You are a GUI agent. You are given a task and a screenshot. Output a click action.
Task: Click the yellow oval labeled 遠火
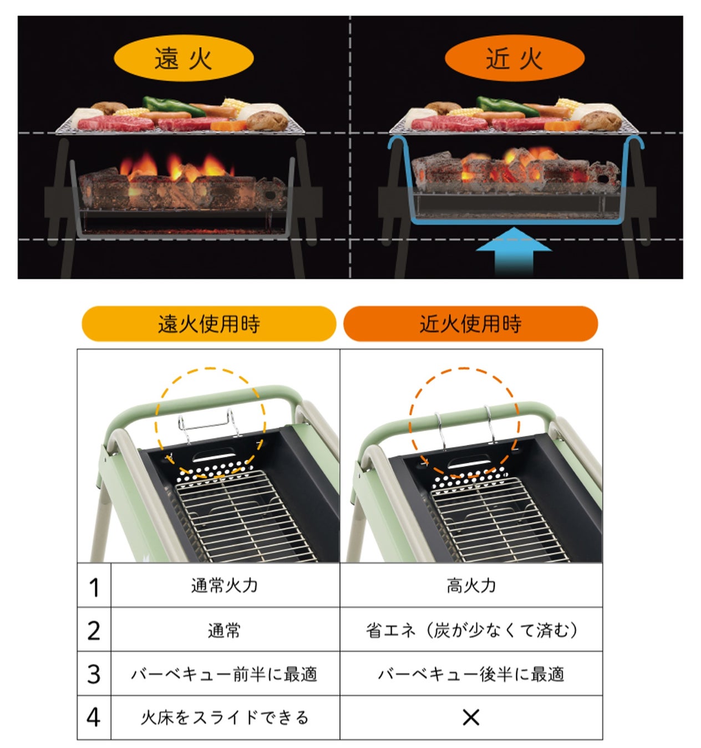coord(184,58)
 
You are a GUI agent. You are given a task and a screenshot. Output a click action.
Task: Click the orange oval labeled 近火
coord(514,58)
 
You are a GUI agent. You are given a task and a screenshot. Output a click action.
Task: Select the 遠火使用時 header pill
coord(209,324)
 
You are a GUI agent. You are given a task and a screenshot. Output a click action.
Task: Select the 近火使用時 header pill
coord(470,324)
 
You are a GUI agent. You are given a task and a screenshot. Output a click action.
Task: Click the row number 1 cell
coord(94,586)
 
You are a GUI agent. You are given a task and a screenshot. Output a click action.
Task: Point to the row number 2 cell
coord(94,630)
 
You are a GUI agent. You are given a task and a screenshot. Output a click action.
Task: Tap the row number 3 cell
coord(94,674)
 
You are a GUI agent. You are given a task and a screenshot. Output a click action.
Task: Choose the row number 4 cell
coord(94,718)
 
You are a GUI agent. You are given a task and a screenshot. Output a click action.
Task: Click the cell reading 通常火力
coord(225,586)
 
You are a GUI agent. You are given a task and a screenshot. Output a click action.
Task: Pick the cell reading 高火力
coord(471,586)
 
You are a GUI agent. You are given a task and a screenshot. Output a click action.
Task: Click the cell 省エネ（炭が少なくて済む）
coord(471,630)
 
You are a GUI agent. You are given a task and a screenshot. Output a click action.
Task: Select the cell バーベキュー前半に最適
coord(225,674)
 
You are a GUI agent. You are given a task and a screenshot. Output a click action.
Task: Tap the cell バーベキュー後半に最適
coord(471,674)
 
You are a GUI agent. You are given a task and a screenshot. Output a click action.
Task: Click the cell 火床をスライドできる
coord(225,718)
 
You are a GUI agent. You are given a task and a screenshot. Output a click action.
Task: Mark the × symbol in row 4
coord(471,718)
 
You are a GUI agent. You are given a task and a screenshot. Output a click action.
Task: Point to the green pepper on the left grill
coord(164,105)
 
